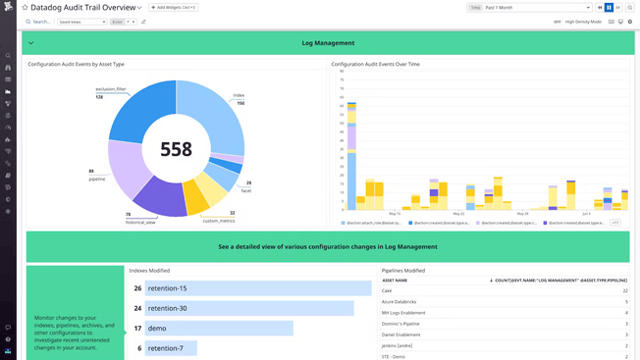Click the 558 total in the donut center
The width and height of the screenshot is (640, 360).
tap(177, 149)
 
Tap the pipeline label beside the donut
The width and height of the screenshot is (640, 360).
tap(96, 180)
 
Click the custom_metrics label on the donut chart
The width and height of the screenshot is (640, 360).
tap(218, 221)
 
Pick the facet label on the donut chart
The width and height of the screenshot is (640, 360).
tap(245, 190)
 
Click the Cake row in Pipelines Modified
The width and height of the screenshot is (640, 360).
tap(387, 290)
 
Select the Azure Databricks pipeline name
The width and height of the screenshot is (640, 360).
tap(400, 302)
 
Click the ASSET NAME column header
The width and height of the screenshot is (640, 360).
tap(395, 280)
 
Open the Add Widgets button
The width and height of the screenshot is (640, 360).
tap(174, 7)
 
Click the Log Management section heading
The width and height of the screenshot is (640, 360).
tap(328, 43)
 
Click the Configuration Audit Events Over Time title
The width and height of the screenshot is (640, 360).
tap(375, 64)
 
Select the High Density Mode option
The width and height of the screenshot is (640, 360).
tap(583, 21)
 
